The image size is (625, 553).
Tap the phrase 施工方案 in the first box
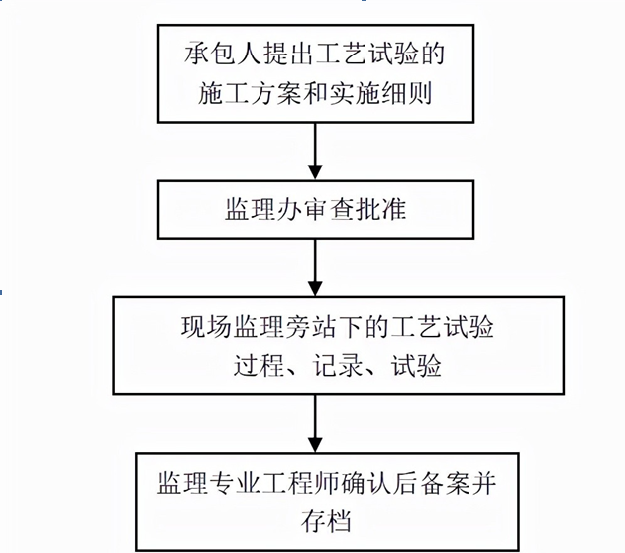coord(239,96)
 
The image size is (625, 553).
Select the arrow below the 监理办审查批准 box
coord(314,267)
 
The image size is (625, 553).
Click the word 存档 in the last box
coord(314,520)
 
